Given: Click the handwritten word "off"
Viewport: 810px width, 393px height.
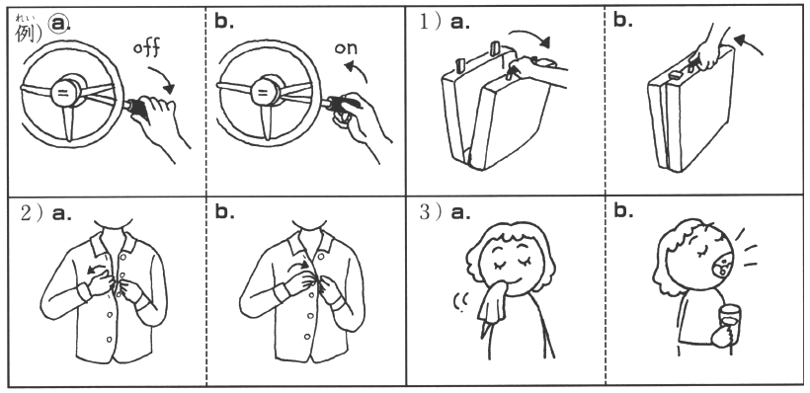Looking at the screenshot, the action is coord(147,47).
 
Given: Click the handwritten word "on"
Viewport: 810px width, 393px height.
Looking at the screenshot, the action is coord(346,48).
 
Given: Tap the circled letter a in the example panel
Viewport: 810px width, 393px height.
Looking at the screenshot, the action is coord(59,24).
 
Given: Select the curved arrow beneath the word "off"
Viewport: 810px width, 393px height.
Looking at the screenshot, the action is coord(164,76).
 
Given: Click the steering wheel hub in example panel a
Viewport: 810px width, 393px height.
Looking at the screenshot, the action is coord(64,93).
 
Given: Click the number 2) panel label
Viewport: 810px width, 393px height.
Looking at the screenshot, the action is coord(31,212).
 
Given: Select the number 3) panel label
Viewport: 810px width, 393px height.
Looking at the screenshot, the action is coord(430,212).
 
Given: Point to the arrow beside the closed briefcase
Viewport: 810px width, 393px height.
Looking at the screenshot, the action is coord(749,42).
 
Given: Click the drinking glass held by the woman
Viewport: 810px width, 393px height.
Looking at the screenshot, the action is coord(729,323).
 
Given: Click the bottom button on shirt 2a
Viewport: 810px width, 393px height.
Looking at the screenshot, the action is coord(109,340).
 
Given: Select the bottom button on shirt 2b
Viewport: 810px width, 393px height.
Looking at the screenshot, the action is coord(307,337).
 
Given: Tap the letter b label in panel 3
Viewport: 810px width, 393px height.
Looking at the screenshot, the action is coord(623,211).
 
